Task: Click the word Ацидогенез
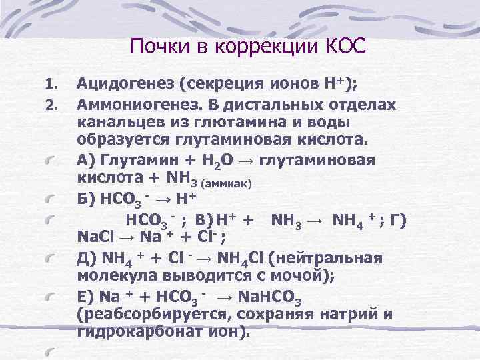[x=129, y=84]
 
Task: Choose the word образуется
[x=125, y=142]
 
